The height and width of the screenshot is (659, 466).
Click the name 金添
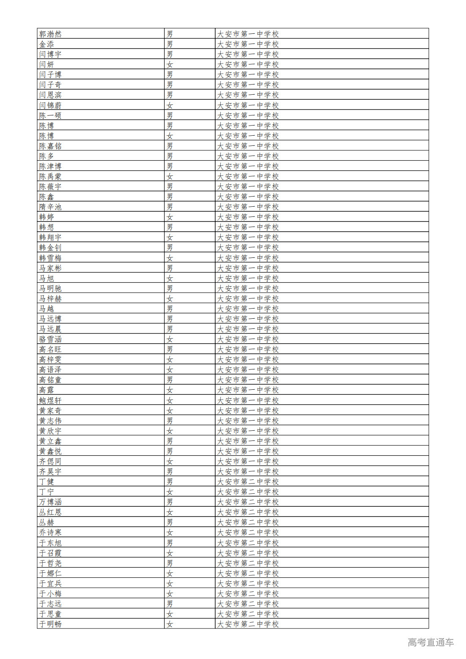47,44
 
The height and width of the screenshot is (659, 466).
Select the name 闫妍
47,65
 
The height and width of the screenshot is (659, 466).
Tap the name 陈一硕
50,115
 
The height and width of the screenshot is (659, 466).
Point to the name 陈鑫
47,197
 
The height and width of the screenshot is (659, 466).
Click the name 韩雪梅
50,258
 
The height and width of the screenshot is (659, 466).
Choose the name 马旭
47,278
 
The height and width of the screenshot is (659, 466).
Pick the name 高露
47,390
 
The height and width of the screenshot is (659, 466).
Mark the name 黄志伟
50,421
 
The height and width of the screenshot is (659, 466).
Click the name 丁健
47,482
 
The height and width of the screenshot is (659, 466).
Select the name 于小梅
50,593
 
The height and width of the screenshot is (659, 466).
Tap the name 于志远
50,604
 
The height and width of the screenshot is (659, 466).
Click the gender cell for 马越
170,309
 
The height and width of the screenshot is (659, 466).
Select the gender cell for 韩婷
170,217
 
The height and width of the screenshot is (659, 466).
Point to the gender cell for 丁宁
170,492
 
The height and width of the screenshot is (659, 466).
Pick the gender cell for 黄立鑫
170,441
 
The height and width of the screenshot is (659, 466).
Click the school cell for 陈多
248,156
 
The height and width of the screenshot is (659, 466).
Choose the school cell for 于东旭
248,543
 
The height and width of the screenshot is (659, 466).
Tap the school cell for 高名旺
248,349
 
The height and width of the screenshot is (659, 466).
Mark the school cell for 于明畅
248,624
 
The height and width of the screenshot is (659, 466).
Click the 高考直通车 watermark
430,642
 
